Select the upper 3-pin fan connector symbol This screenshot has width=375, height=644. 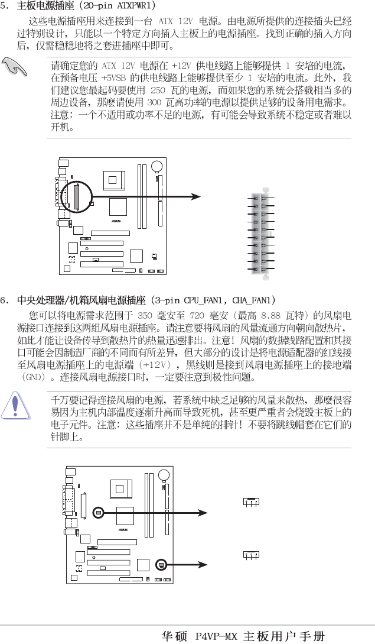(251, 503)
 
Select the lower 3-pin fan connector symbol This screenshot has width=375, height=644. (251, 555)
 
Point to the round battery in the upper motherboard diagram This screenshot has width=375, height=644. (158, 167)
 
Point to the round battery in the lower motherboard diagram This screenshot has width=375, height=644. (166, 474)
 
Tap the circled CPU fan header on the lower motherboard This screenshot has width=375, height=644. (100, 513)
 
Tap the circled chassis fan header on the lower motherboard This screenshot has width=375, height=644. (161, 565)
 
